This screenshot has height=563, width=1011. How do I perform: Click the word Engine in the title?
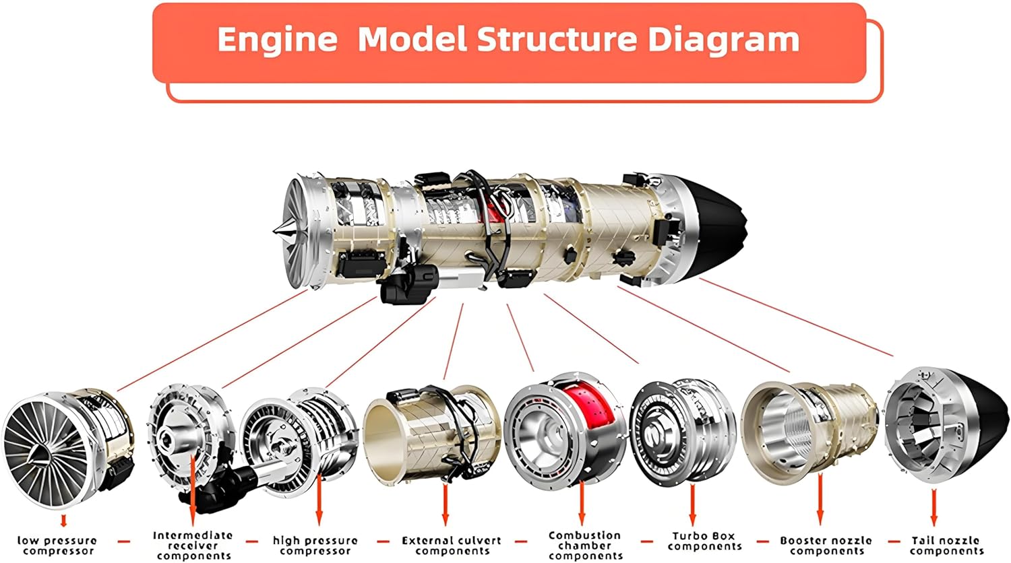[277, 40]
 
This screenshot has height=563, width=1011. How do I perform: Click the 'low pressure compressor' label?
[57, 545]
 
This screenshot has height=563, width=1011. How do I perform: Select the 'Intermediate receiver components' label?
[193, 545]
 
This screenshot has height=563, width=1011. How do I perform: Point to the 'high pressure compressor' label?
[315, 545]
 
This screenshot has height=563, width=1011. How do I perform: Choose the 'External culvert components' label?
[452, 545]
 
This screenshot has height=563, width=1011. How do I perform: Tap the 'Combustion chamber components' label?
[585, 545]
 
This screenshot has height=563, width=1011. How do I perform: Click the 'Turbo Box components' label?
[704, 541]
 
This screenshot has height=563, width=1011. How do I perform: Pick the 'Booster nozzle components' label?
[826, 545]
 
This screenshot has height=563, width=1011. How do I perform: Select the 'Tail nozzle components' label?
[946, 545]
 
